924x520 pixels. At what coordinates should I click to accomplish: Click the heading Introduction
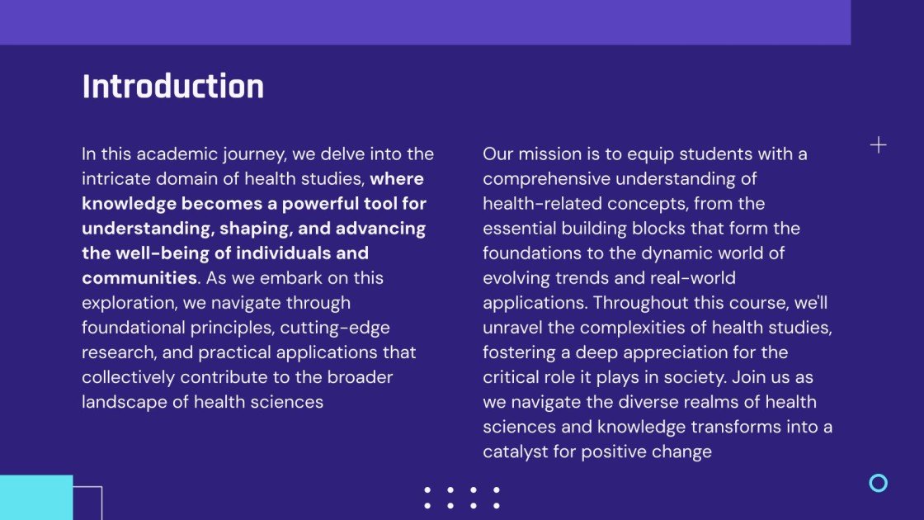172,87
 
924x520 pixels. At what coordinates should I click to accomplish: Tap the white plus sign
879,145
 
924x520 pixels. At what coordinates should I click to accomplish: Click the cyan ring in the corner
879,483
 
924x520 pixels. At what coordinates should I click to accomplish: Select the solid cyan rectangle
36,497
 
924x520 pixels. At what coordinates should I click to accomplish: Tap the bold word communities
139,278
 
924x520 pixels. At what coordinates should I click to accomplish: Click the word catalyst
517,452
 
